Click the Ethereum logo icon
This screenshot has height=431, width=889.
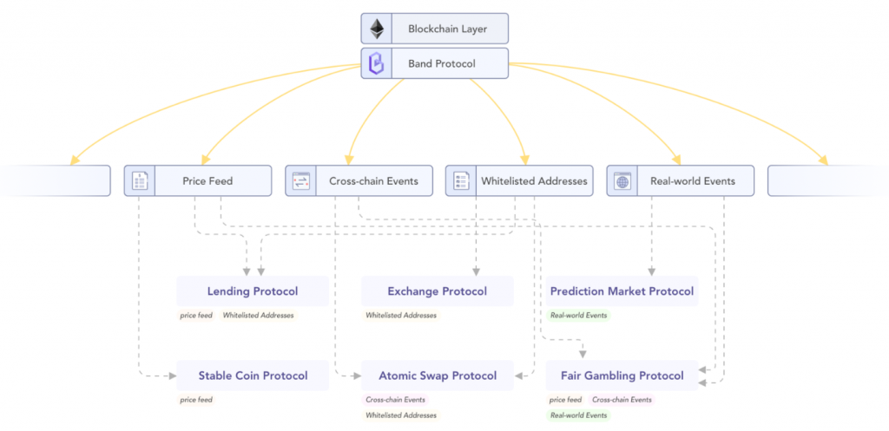coord(377,29)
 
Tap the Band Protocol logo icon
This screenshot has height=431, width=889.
coord(377,63)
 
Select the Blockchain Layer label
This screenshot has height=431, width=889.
coord(448,29)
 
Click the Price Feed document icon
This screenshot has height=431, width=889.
coord(140,181)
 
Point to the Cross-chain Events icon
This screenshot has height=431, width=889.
coord(301,181)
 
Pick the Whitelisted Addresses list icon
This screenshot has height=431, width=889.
coord(461,181)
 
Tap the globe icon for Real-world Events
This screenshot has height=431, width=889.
coord(622,181)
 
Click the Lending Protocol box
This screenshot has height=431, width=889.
coord(252,291)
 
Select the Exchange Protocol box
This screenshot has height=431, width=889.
coord(438,291)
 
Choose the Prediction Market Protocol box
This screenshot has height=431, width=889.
coord(622,291)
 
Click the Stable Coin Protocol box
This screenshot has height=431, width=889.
coord(252,375)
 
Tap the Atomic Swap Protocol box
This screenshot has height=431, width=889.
coord(438,375)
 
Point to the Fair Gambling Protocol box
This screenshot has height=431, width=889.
coord(622,375)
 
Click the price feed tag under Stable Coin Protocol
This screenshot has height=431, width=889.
coord(196,400)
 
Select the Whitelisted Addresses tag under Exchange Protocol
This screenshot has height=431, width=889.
coord(401,316)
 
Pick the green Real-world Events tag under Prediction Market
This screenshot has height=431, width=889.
coord(579,316)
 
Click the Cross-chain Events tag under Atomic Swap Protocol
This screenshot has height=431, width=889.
coord(396,400)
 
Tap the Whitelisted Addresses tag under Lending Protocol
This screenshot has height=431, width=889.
coord(258,316)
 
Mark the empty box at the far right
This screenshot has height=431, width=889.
coord(827,181)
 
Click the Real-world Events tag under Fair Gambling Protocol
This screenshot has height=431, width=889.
coord(579,415)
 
